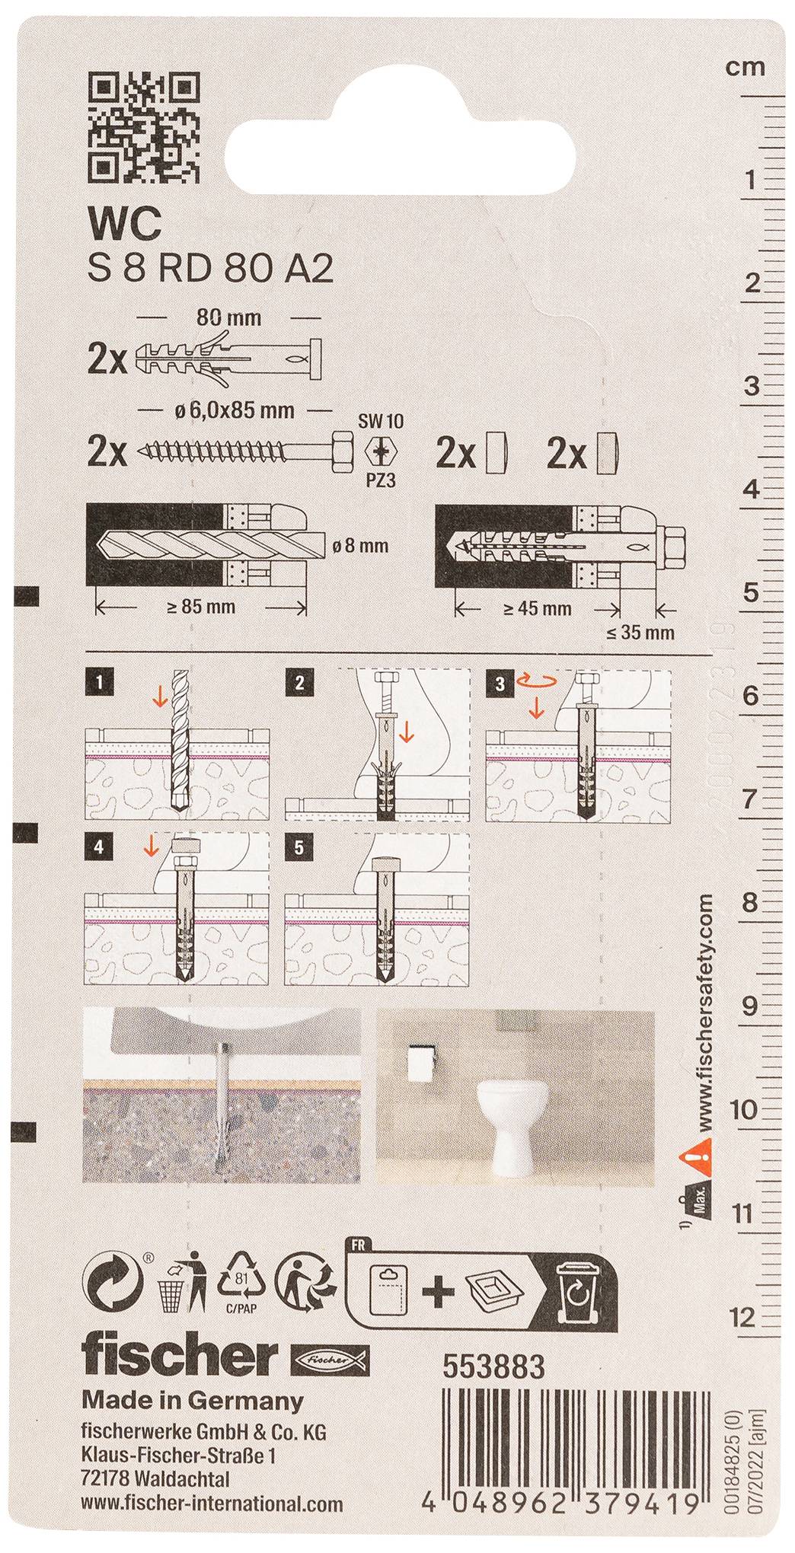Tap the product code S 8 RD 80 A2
211,269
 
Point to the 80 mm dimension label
228,317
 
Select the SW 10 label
381,421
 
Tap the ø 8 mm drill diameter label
361,546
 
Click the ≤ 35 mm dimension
640,632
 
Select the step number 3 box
500,684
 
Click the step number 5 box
298,848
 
